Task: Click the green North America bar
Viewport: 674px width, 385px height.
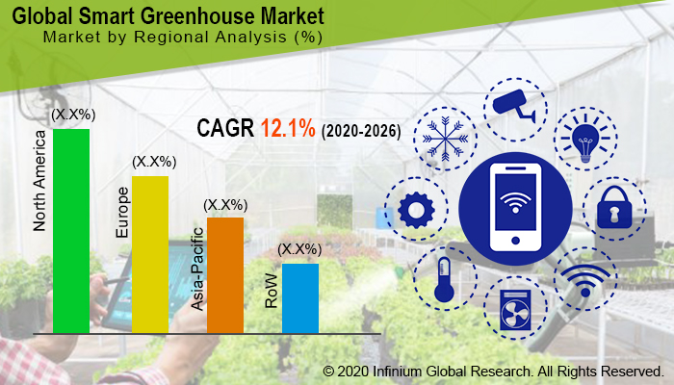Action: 71,231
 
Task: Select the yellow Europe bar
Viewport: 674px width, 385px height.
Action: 149,254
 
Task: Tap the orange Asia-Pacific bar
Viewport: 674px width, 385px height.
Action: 225,275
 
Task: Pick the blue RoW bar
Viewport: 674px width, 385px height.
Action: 299,298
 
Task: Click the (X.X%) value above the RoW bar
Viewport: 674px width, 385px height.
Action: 299,250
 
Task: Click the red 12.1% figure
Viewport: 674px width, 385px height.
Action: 288,128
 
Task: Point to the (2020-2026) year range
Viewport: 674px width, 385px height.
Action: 361,130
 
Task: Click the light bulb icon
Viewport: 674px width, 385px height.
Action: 586,141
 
